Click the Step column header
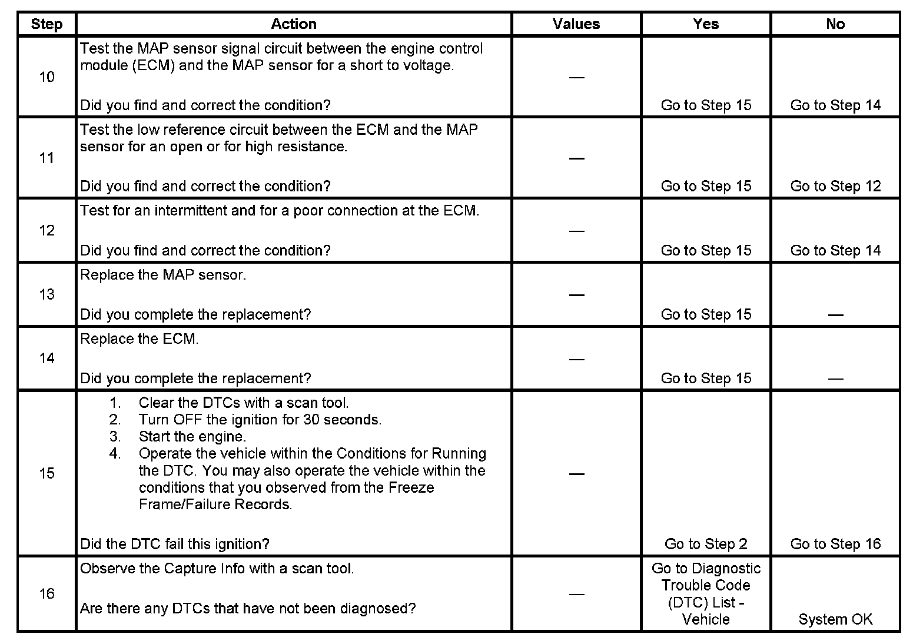pyautogui.click(x=47, y=24)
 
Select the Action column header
pyautogui.click(x=293, y=24)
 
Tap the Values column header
pyautogui.click(x=576, y=24)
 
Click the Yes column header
pyautogui.click(x=705, y=24)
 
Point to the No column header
pyautogui.click(x=835, y=24)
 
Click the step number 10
pyautogui.click(x=47, y=77)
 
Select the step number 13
pyautogui.click(x=47, y=294)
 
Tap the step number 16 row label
pyautogui.click(x=47, y=593)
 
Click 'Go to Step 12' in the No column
pyautogui.click(x=835, y=187)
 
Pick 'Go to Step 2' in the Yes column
pyautogui.click(x=706, y=545)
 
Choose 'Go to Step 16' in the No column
pyautogui.click(x=835, y=545)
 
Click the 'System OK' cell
pyautogui.click(x=835, y=620)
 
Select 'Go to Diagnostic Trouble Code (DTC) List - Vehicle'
pyautogui.click(x=706, y=594)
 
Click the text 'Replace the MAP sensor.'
pyautogui.click(x=163, y=275)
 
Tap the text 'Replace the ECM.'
pyautogui.click(x=140, y=339)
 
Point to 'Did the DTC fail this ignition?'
pyautogui.click(x=175, y=545)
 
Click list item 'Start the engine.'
pyautogui.click(x=192, y=437)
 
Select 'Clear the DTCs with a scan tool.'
pyautogui.click(x=244, y=403)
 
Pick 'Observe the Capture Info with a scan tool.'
pyautogui.click(x=217, y=569)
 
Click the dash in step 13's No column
pyautogui.click(x=835, y=316)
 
